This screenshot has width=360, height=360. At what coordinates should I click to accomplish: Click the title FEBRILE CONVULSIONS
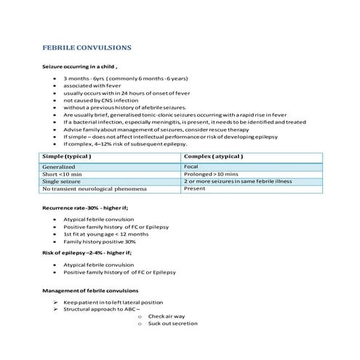click(x=87, y=47)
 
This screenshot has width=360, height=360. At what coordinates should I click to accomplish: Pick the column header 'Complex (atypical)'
click(x=214, y=156)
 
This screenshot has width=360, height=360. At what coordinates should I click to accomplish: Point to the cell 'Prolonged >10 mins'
click(x=211, y=174)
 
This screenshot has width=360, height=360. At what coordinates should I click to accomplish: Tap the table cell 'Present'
click(x=195, y=189)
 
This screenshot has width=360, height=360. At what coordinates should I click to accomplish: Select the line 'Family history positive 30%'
click(x=100, y=243)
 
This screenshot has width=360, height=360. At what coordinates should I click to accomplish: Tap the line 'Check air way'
click(x=166, y=317)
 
